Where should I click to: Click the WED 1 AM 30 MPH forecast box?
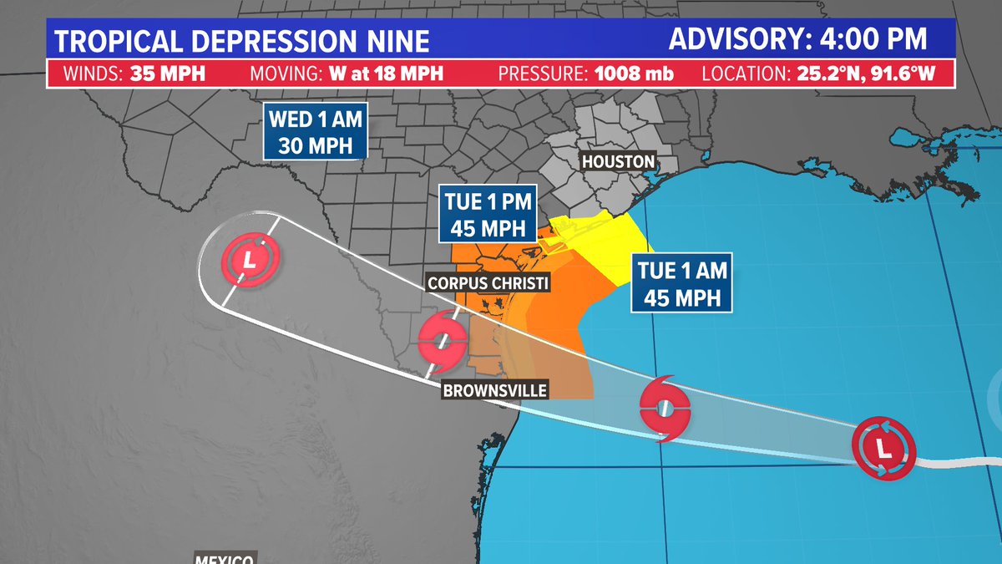316,132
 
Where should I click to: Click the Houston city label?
619,161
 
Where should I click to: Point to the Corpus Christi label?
488,283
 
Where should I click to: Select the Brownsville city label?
495,390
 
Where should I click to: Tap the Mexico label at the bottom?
225,557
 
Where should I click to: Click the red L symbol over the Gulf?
883,450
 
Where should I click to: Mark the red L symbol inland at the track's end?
248,259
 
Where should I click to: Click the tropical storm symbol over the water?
665,408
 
